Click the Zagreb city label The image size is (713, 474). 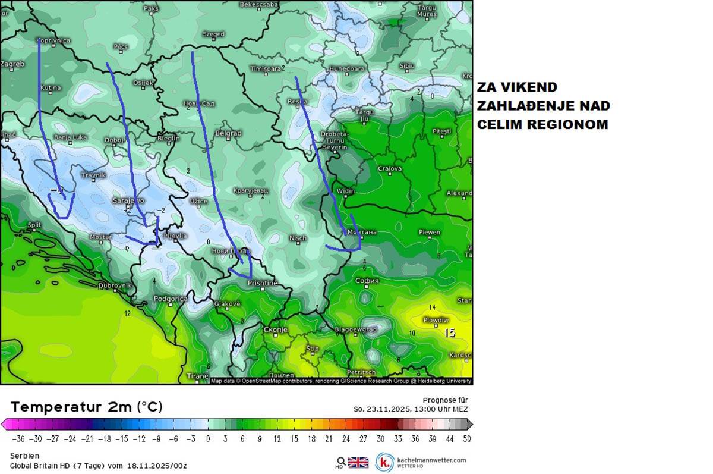[x=13, y=64]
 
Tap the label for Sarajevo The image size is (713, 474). [x=128, y=200]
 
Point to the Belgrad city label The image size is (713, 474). [x=228, y=133]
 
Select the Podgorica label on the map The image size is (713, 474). [x=171, y=299]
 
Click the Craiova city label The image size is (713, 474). [x=390, y=169]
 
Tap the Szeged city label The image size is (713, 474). [x=213, y=34]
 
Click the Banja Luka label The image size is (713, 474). [x=71, y=137]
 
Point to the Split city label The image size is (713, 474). [x=34, y=225]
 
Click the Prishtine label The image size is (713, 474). [x=262, y=283]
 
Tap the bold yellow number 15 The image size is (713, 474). [x=450, y=333]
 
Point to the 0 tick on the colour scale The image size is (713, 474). [x=208, y=439]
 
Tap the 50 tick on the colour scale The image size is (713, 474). [x=467, y=439]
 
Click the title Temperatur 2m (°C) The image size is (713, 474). [x=86, y=407]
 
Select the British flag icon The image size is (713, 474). [x=358, y=462]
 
